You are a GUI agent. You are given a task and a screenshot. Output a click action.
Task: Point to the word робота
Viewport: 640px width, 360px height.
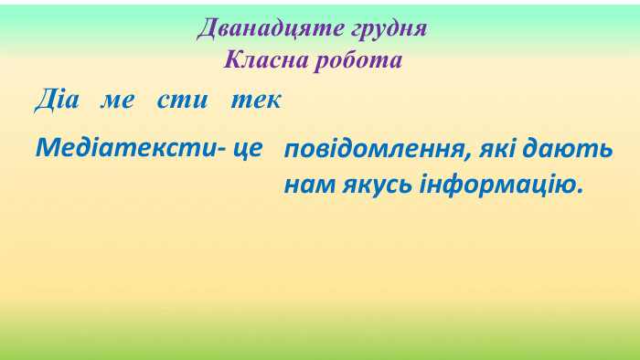pos(362,61)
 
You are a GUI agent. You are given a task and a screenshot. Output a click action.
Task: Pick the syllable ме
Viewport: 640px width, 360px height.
pos(117,101)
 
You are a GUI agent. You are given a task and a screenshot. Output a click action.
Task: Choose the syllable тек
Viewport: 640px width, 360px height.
pos(256,101)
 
